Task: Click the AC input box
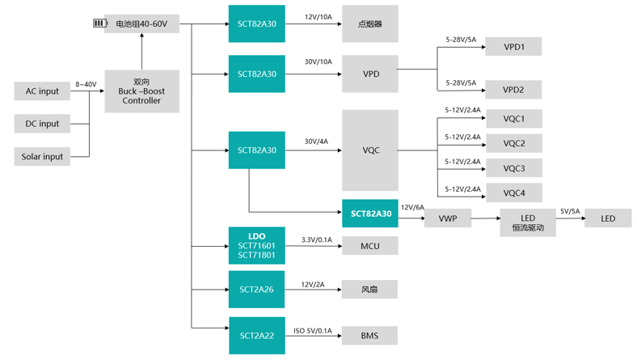click(42, 91)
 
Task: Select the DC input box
click(42, 124)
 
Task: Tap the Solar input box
click(42, 156)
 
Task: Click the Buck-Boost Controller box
click(141, 91)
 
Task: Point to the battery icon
click(100, 23)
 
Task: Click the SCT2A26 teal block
click(256, 289)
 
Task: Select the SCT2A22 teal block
click(256, 335)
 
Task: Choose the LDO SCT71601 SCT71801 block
click(256, 246)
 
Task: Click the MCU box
click(369, 245)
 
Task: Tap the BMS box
click(369, 335)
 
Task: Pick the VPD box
click(370, 74)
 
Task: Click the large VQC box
click(370, 150)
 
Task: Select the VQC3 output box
click(513, 168)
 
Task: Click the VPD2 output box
click(513, 90)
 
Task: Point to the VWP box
click(448, 218)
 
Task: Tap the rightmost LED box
click(607, 218)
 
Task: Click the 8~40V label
click(86, 84)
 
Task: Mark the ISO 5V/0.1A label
click(313, 330)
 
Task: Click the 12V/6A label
click(412, 208)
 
